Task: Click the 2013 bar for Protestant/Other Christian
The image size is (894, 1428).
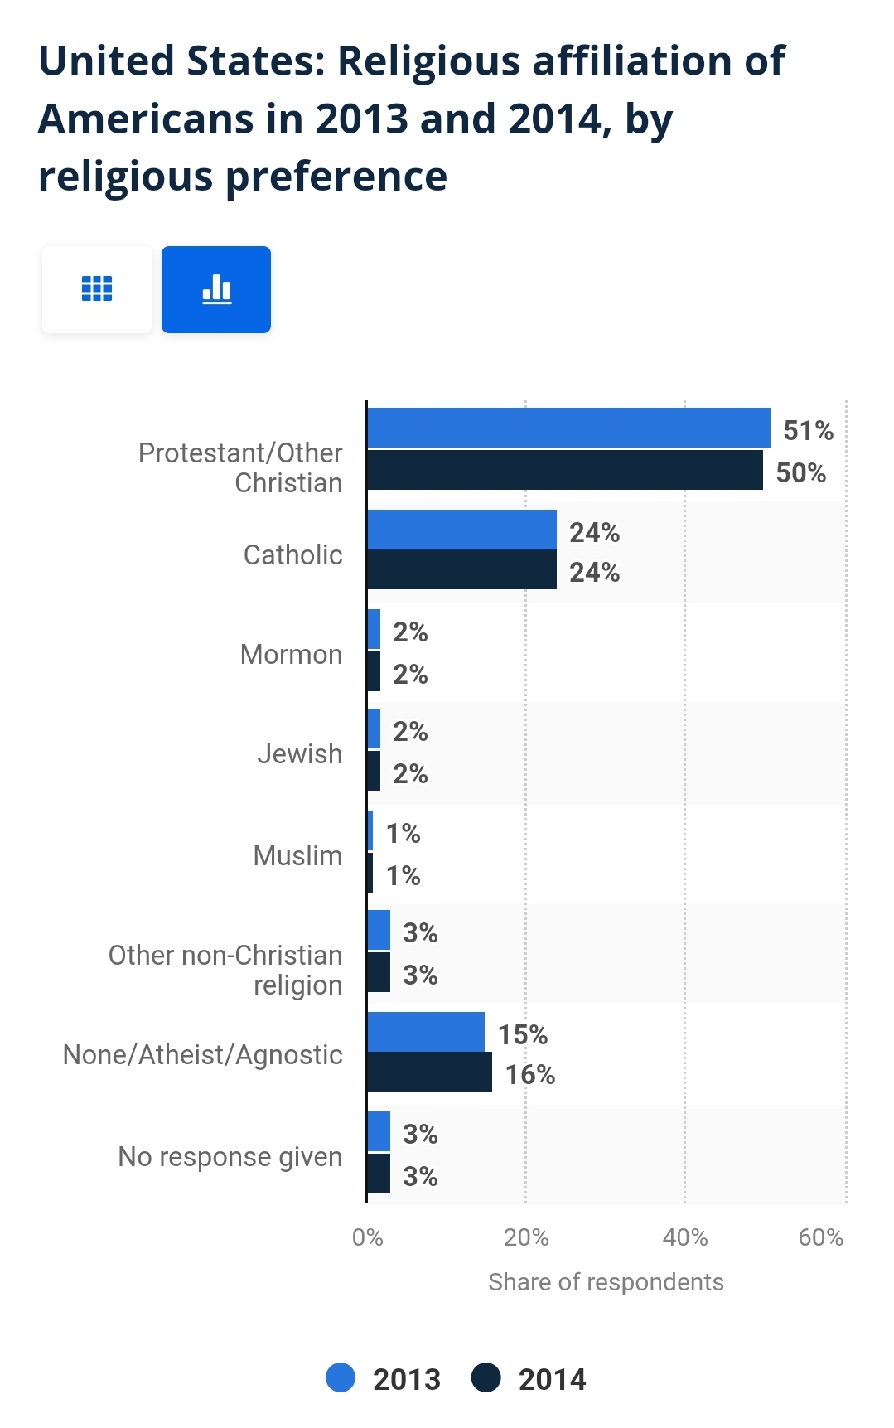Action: click(x=568, y=428)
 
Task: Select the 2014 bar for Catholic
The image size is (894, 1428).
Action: click(x=461, y=570)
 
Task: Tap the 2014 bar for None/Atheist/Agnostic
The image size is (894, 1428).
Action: click(x=429, y=1072)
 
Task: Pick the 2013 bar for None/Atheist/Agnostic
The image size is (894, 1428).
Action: click(x=426, y=1032)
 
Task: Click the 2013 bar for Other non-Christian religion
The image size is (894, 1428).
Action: click(x=379, y=930)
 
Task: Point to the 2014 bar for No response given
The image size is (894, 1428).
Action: click(x=379, y=1174)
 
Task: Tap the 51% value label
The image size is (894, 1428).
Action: click(x=808, y=431)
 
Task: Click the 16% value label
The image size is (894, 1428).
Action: click(x=529, y=1075)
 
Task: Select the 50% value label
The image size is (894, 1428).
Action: click(x=800, y=473)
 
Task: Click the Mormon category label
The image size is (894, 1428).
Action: click(x=291, y=655)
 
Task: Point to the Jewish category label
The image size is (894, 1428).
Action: click(x=299, y=754)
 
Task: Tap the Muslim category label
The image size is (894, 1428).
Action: click(x=297, y=855)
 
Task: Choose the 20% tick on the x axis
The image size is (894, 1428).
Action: click(x=526, y=1237)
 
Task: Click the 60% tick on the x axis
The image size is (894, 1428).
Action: click(x=820, y=1237)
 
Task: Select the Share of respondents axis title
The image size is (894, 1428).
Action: click(x=606, y=1282)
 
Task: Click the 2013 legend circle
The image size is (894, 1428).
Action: click(x=341, y=1377)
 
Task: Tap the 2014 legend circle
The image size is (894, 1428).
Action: click(x=486, y=1377)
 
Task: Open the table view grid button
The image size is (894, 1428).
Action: click(x=97, y=289)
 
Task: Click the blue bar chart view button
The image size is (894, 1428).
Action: click(x=216, y=289)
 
